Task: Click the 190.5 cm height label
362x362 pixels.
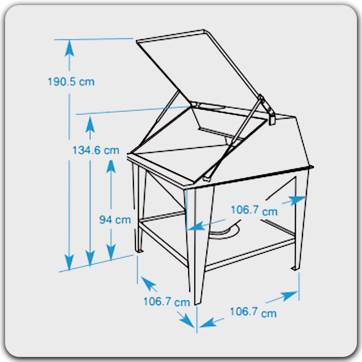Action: [71, 82]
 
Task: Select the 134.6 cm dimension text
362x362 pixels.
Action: [96, 150]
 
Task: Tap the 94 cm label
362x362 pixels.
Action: [115, 220]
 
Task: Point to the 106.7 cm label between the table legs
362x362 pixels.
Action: [254, 211]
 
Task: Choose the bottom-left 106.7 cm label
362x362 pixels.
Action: [167, 302]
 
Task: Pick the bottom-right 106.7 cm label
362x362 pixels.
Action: [253, 312]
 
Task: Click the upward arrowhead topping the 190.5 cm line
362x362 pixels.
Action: [69, 48]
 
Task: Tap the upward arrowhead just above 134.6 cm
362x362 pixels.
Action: [90, 124]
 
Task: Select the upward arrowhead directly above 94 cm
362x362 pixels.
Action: [111, 167]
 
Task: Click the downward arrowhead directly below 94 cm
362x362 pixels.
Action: [111, 252]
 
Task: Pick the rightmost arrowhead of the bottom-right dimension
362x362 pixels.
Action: [290, 296]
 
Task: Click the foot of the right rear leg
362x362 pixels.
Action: [295, 268]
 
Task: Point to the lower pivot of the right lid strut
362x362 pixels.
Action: [207, 179]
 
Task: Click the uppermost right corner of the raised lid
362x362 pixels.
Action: [204, 30]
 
